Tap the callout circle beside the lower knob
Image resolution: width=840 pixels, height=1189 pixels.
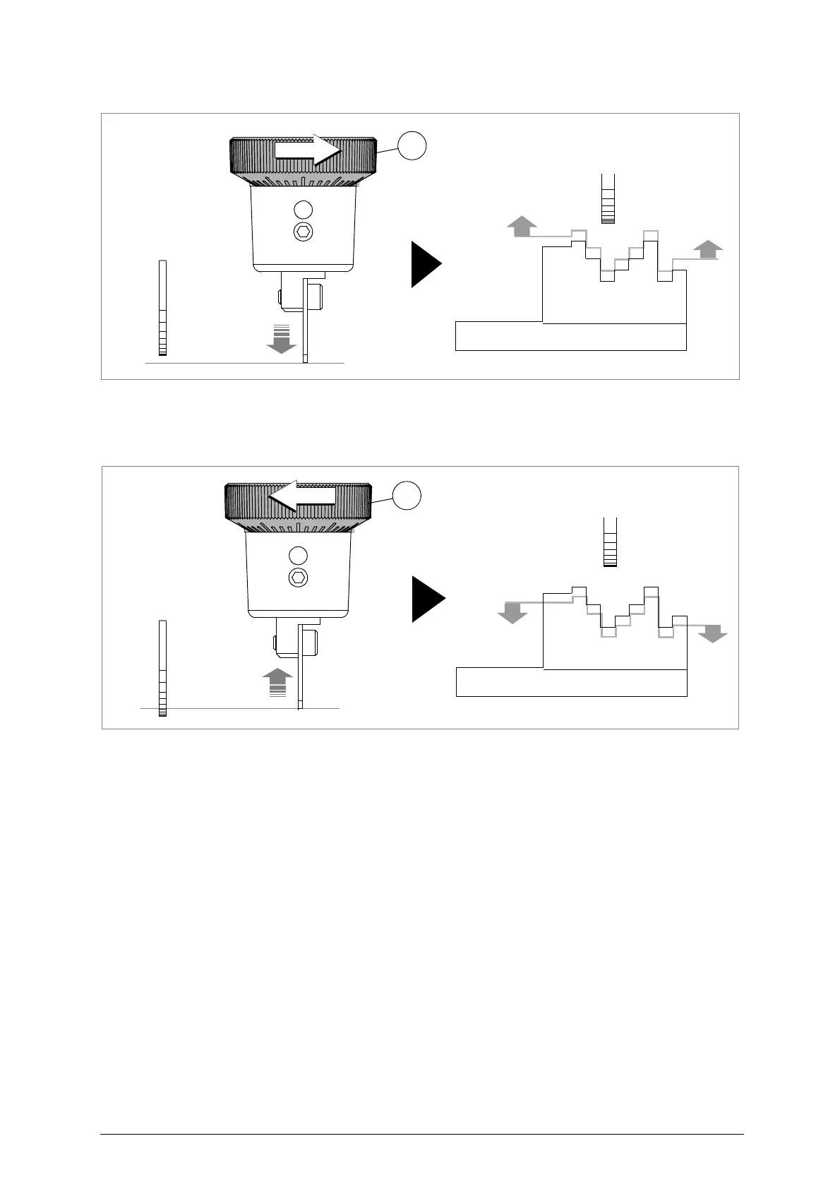coord(407,495)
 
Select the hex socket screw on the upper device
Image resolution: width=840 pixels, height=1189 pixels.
coord(304,231)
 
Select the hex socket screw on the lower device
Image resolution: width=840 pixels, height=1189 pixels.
coord(299,578)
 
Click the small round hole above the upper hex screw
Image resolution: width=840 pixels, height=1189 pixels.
coord(303,209)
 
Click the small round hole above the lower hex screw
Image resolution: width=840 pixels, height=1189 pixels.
coord(299,555)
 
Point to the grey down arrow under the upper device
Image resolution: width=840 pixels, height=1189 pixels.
coord(281,340)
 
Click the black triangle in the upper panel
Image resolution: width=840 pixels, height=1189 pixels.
coord(426,264)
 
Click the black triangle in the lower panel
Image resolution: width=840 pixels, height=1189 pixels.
coord(427,599)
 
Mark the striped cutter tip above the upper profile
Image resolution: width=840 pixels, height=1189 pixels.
coord(608,210)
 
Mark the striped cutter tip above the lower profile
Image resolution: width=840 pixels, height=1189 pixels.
coord(610,554)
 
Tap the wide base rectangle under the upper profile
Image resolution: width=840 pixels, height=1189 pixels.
coord(570,336)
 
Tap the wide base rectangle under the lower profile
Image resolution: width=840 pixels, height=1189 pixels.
coord(571,682)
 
